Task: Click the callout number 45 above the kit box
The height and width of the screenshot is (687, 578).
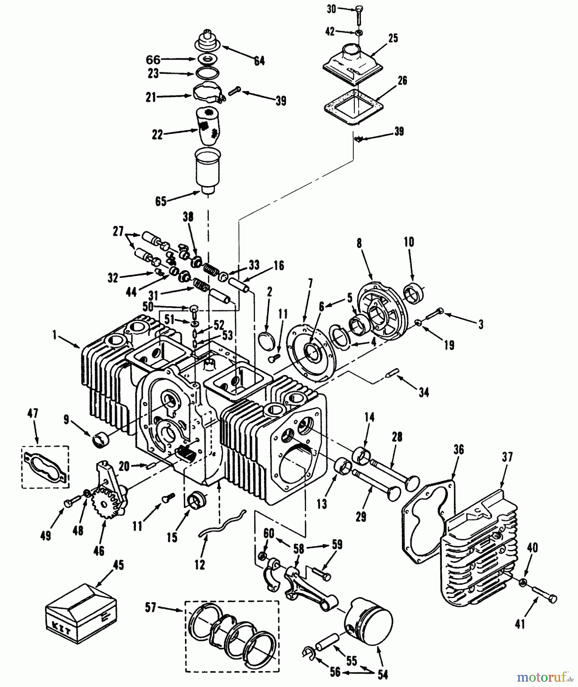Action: pyautogui.click(x=118, y=565)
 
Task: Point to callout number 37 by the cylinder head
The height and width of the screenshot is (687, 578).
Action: pyautogui.click(x=507, y=457)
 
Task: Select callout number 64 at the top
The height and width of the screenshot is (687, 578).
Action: pyautogui.click(x=259, y=61)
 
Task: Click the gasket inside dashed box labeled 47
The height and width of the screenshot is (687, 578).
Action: pyautogui.click(x=45, y=466)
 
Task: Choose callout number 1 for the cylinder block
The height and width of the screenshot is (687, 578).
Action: pyautogui.click(x=54, y=335)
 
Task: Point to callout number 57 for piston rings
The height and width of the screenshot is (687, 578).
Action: pyautogui.click(x=151, y=607)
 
